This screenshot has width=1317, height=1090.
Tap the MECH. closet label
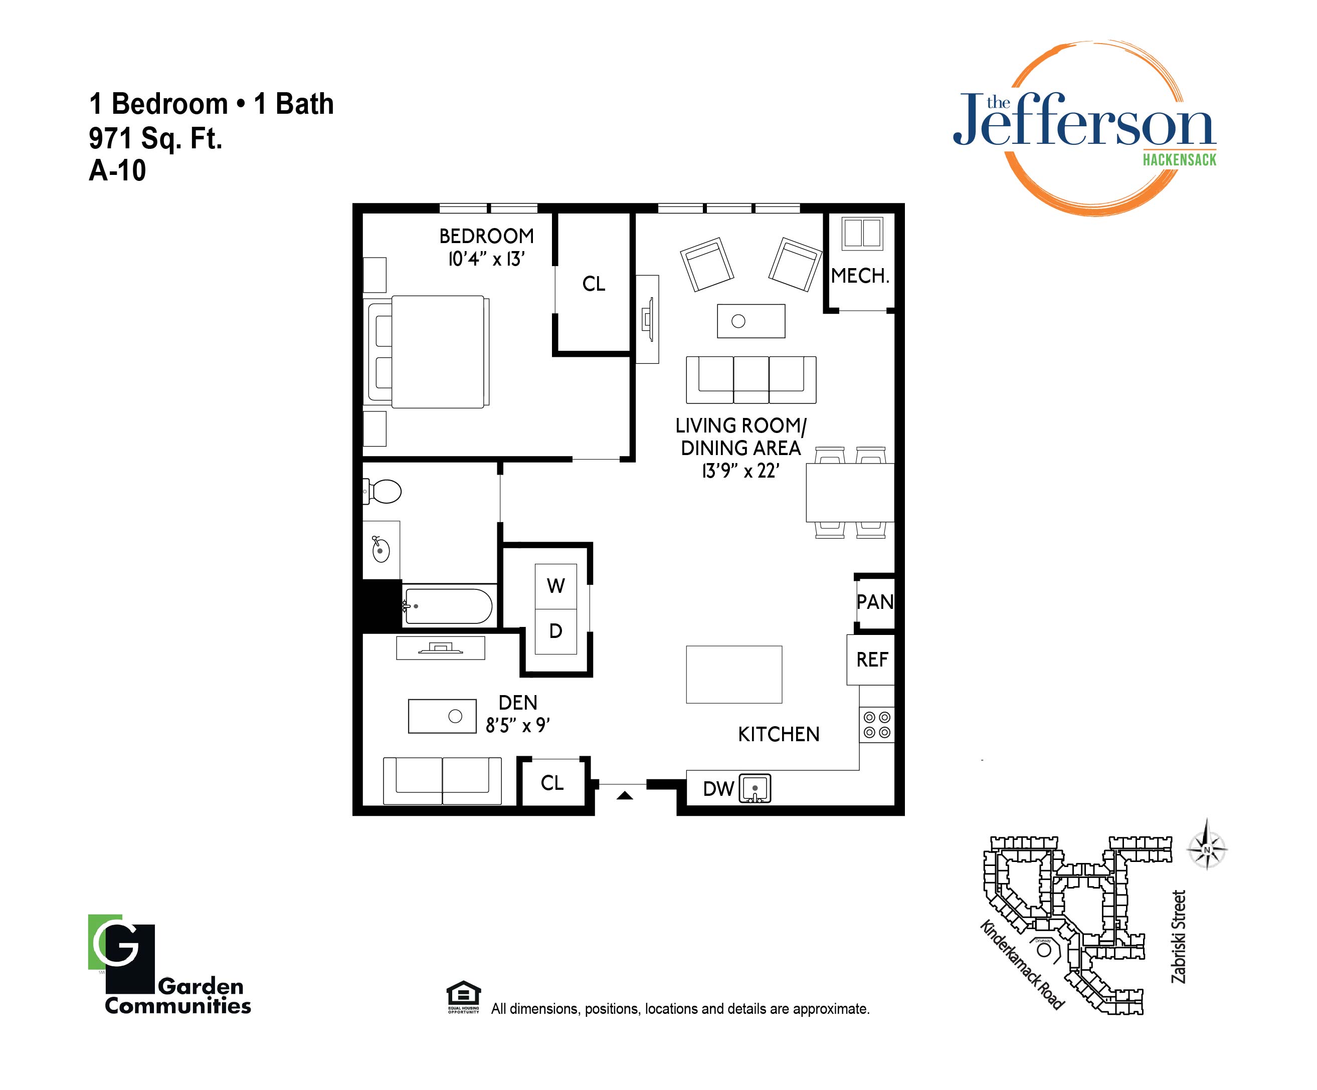[860, 276]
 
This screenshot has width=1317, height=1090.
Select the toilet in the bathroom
[382, 492]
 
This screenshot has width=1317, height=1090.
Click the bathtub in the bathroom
[447, 605]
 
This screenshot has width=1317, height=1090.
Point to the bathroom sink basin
[380, 550]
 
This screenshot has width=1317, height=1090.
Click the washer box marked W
[555, 586]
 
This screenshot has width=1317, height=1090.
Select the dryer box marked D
[555, 631]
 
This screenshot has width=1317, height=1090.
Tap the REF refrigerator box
[871, 660]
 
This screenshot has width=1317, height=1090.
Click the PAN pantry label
[875, 602]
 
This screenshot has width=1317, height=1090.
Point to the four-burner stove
[877, 725]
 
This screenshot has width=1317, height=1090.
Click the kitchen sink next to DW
[755, 788]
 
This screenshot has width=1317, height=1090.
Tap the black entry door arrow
[625, 795]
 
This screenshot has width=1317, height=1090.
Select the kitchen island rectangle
[734, 675]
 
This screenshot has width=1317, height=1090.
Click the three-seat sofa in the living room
[750, 380]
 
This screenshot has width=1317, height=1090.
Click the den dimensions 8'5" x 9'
[518, 726]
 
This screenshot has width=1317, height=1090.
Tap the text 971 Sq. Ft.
[155, 138]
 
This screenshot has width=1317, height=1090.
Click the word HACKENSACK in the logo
[1179, 160]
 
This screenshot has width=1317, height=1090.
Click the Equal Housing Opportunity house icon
[463, 993]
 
